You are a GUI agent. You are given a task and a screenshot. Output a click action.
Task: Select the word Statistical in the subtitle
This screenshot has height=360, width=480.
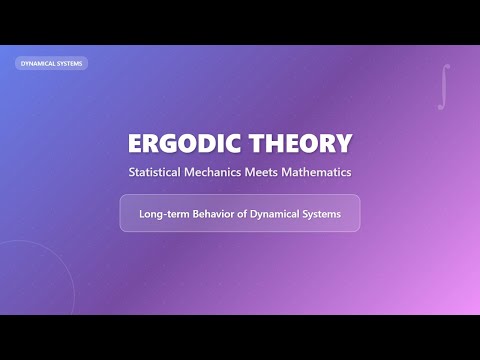click(160, 172)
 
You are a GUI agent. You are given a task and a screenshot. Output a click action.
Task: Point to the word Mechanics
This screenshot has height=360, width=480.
click(231, 172)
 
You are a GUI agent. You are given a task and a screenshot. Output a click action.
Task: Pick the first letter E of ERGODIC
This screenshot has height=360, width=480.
click(136, 143)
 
